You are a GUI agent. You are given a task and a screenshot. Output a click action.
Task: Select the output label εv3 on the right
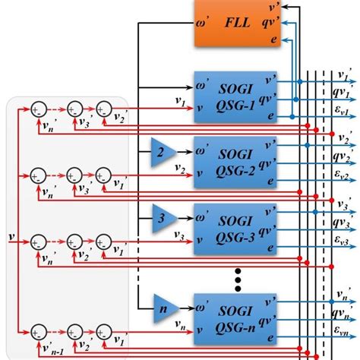pos(343,243)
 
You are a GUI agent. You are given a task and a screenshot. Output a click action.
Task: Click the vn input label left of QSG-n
pos(182,324)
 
